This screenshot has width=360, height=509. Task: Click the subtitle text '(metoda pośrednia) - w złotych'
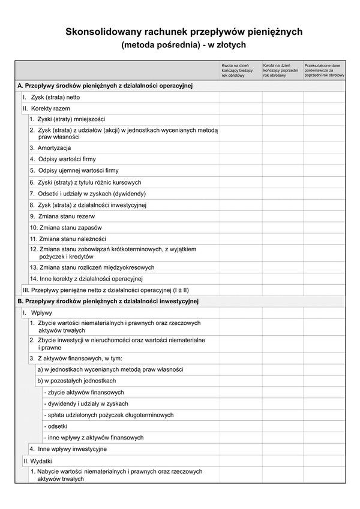tap(183, 44)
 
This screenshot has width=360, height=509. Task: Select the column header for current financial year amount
tap(241, 70)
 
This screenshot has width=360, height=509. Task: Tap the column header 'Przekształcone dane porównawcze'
tap(324, 70)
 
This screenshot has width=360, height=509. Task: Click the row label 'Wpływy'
tap(41, 313)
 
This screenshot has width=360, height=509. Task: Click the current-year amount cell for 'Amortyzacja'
tap(241, 147)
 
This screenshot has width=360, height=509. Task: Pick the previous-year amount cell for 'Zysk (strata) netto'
tap(282, 97)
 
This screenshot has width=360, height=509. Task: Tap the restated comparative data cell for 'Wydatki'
tap(324, 461)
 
